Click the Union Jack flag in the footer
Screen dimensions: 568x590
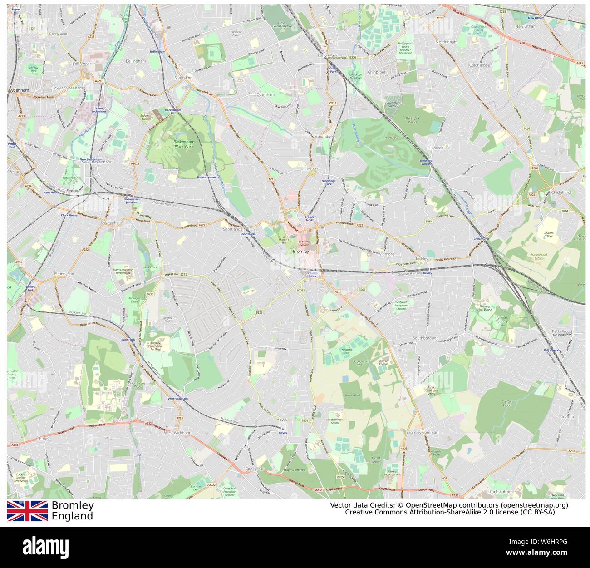click(27, 510)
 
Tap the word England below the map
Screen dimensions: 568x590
click(72, 516)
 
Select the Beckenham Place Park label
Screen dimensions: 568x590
click(183, 144)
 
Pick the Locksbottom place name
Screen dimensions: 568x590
click(501, 492)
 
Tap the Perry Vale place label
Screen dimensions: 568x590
click(58, 34)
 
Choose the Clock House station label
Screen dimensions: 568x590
click(69, 215)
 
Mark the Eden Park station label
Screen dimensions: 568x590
click(128, 339)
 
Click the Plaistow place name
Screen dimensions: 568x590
click(310, 168)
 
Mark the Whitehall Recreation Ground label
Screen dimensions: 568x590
click(401, 305)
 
